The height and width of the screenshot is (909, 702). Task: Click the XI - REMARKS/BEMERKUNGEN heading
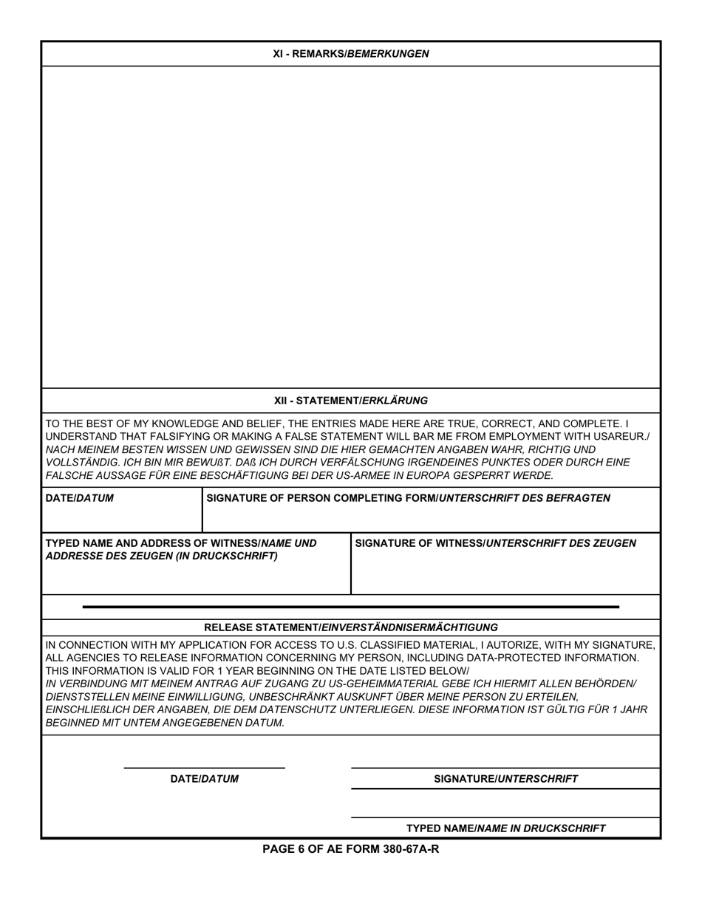point(351,54)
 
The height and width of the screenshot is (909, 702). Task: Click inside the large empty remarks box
point(351,225)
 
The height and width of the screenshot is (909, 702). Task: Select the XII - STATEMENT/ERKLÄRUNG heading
point(351,401)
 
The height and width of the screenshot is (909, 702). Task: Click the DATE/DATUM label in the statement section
point(80,498)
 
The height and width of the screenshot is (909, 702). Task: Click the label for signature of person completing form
point(408,498)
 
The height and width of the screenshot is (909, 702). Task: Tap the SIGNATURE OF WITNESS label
point(495,543)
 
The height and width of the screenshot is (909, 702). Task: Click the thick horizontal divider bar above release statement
point(351,607)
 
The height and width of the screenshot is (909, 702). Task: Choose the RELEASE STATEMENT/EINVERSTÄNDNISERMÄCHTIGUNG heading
point(351,627)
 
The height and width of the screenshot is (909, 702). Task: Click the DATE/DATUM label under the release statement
point(205,779)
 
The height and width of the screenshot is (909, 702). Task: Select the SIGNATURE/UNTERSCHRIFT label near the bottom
point(506,779)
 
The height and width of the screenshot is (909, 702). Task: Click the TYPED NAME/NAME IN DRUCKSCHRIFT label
point(506,828)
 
